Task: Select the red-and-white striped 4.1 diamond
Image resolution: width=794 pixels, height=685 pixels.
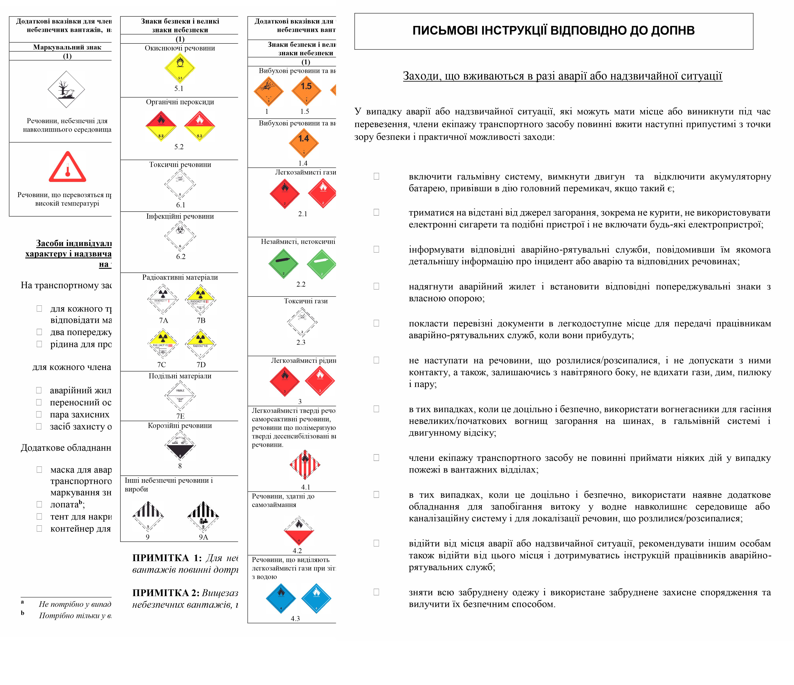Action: tap(305, 464)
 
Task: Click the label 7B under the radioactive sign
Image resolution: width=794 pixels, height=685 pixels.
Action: tap(201, 320)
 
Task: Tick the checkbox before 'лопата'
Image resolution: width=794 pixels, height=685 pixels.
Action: tap(39, 504)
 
